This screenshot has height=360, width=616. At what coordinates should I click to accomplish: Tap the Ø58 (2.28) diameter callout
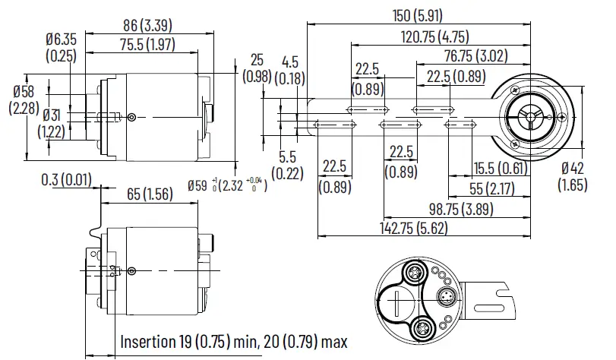pyautogui.click(x=22, y=99)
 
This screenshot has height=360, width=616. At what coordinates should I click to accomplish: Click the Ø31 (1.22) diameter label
pyautogui.click(x=52, y=124)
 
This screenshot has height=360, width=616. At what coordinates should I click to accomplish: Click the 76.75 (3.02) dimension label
pyautogui.click(x=476, y=55)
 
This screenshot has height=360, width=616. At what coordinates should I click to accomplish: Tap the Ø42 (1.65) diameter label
pyautogui.click(x=574, y=175)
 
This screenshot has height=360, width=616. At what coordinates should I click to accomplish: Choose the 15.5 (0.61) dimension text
pyautogui.click(x=499, y=168)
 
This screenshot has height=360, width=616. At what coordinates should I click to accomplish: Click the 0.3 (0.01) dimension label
pyautogui.click(x=66, y=178)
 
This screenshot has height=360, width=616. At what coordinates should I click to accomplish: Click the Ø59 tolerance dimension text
pyautogui.click(x=227, y=183)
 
